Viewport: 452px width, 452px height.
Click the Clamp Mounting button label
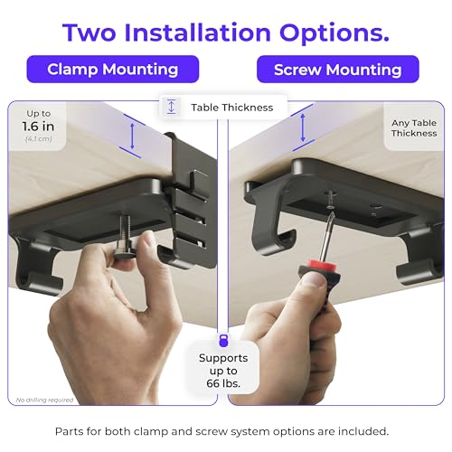(x=113, y=70)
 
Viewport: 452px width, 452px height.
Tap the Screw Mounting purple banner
(x=338, y=70)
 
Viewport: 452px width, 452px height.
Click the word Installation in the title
(x=197, y=33)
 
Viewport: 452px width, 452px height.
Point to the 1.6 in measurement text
(x=38, y=127)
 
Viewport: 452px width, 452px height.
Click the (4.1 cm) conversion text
(x=39, y=139)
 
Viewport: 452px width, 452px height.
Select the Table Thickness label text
(x=232, y=108)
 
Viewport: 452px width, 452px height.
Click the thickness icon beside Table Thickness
(x=172, y=107)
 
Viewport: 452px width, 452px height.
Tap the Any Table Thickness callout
(x=414, y=128)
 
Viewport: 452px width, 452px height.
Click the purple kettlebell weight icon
(x=223, y=341)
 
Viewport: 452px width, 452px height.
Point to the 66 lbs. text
(x=223, y=383)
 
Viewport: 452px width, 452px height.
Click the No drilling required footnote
(x=44, y=400)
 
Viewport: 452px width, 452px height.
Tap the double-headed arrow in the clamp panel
(x=132, y=137)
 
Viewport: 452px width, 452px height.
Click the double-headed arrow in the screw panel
(x=303, y=127)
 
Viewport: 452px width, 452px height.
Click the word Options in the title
(x=334, y=33)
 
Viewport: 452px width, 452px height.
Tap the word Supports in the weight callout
(x=223, y=358)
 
